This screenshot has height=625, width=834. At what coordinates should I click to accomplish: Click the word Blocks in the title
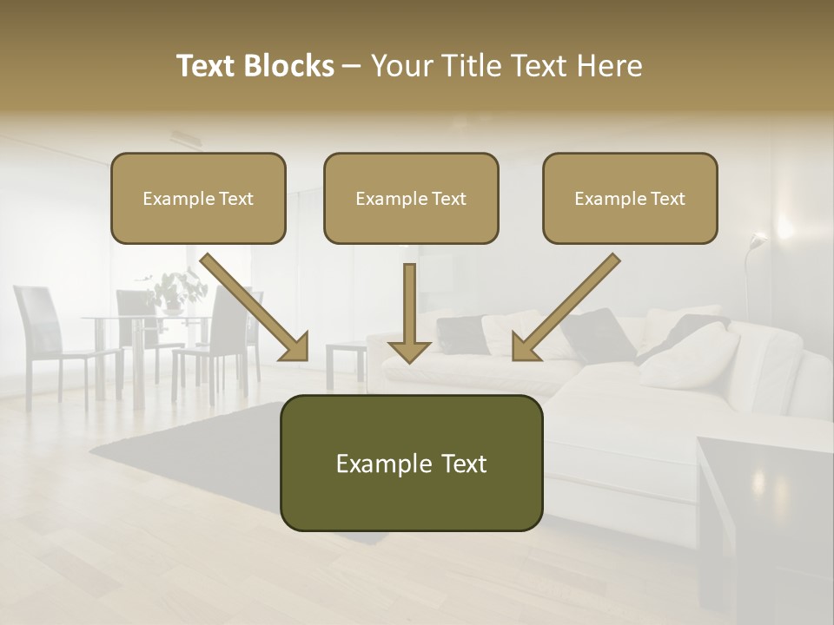click(290, 66)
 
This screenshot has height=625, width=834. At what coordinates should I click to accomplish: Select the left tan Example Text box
click(198, 199)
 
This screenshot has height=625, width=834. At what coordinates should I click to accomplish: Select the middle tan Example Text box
click(411, 199)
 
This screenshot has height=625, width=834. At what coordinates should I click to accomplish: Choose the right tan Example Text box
click(630, 199)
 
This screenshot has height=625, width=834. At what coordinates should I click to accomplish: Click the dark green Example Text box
click(411, 464)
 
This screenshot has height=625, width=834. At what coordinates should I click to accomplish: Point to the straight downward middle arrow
click(409, 312)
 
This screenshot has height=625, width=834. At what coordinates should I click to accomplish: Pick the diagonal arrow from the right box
click(566, 306)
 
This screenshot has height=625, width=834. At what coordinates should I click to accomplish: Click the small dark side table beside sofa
click(346, 361)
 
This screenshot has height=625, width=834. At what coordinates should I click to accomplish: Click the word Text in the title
click(206, 66)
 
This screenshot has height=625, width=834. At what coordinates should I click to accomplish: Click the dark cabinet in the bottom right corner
click(764, 521)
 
